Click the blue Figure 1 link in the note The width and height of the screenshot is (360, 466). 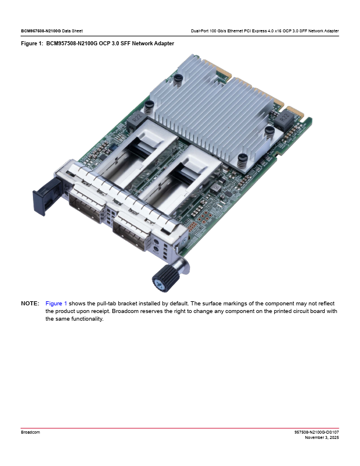tap(56, 304)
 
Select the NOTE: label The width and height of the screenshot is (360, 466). tap(30, 304)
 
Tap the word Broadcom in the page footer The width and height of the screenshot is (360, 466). tap(31, 432)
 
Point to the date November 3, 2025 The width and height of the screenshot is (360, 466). tap(322, 438)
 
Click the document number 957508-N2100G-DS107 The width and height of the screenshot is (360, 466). tap(316, 432)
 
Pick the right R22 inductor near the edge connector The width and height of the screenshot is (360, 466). tap(284, 119)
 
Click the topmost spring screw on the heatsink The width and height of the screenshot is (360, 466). tap(178, 80)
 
